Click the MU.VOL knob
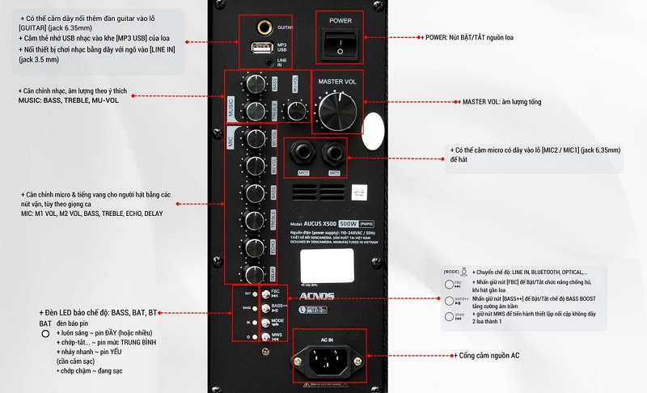tap(298, 112)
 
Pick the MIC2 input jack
tap(304, 154)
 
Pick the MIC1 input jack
tap(332, 154)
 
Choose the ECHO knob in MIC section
tap(255, 246)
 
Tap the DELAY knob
tap(255, 273)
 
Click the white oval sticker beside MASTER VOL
tap(373, 129)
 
